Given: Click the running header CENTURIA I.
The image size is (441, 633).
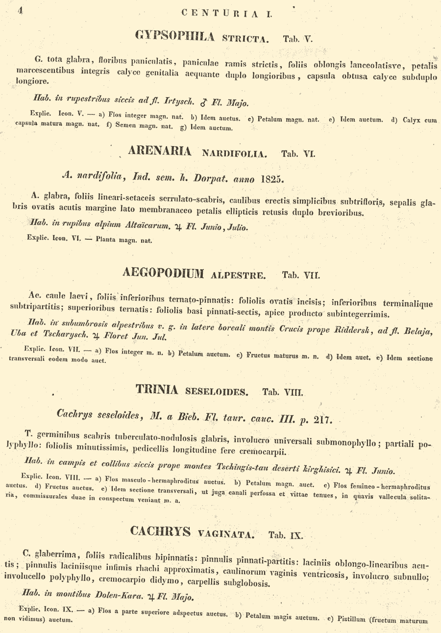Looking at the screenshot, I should [226, 14].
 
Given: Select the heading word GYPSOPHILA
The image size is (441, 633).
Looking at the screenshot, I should [175, 36].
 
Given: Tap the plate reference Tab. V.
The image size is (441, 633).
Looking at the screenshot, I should [297, 39].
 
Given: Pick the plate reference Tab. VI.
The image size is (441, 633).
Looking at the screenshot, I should [298, 153].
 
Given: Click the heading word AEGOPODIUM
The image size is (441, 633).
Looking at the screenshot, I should [163, 273].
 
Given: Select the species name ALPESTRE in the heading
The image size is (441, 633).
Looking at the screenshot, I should [238, 275].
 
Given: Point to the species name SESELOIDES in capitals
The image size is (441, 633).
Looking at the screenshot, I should [217, 392].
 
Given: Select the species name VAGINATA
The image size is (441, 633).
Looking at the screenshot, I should [226, 533].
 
